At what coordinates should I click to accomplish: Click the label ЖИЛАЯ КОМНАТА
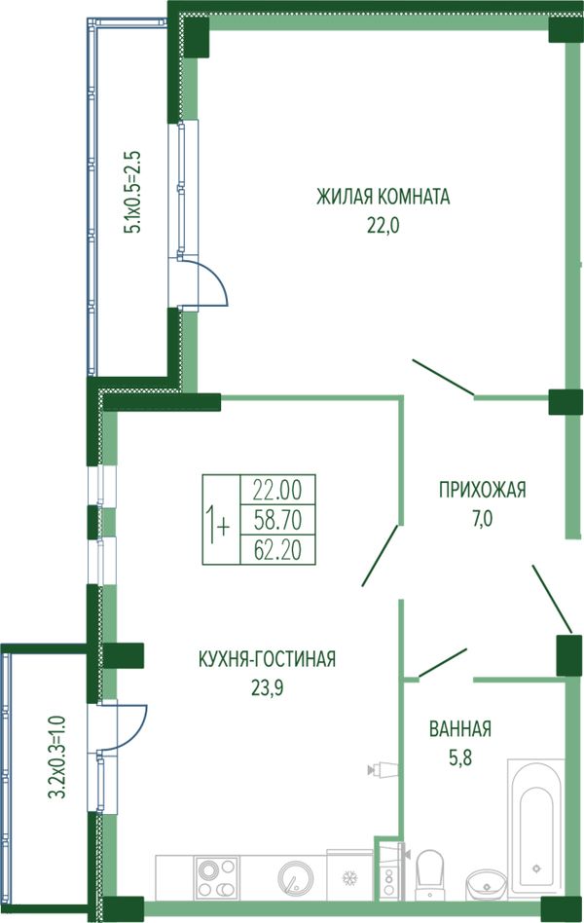click(383, 196)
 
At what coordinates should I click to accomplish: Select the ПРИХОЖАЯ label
click(482, 490)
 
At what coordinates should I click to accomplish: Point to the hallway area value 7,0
click(482, 519)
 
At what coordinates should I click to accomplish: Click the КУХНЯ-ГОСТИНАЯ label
click(268, 658)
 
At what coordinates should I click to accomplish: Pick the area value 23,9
click(267, 687)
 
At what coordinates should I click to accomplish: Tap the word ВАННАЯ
click(460, 728)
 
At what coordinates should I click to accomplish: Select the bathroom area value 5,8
click(460, 757)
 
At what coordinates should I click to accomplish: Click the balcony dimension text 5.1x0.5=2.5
click(131, 192)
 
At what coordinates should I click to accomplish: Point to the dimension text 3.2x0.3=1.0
click(56, 757)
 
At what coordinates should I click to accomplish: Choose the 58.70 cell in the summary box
click(277, 520)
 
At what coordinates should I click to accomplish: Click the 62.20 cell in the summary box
click(277, 550)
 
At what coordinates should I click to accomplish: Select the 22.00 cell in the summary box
click(277, 490)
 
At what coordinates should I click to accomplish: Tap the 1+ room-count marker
click(217, 520)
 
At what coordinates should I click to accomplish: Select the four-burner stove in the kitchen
click(217, 877)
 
